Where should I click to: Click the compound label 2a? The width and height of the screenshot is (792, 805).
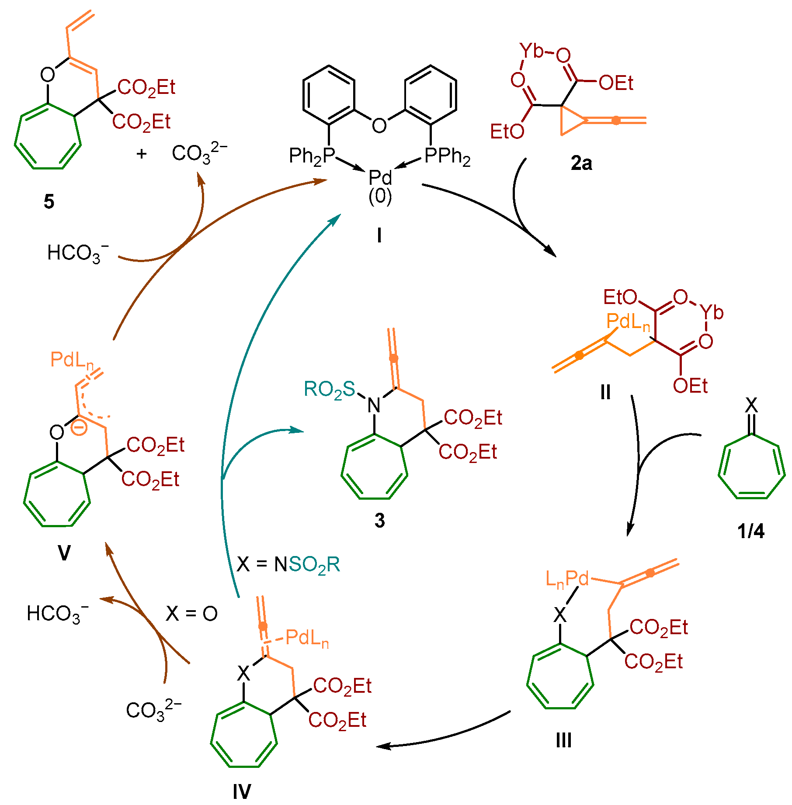pos(581,163)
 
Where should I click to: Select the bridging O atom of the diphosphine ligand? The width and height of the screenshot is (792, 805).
pos(379,125)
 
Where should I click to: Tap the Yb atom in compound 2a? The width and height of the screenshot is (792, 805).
pos(531,51)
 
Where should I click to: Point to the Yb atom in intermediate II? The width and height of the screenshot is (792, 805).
pos(712,312)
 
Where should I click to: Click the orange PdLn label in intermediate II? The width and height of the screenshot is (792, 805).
pos(628,322)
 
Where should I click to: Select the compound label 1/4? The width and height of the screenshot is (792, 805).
pos(751,531)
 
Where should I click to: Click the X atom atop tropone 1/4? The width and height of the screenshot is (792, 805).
pos(751,405)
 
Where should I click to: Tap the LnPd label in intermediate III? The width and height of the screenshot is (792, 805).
pos(567,579)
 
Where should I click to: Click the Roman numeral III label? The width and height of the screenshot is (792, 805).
pos(564,740)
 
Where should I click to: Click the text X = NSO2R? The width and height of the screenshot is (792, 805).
pos(288,565)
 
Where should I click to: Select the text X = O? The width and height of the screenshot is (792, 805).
pos(191,614)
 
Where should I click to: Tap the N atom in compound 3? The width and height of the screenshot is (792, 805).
pos(374,405)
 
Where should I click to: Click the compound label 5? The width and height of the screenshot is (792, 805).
pos(49,202)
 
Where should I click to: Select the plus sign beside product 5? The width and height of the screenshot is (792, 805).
pos(141,154)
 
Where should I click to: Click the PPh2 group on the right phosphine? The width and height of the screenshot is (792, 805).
pos(447,156)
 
